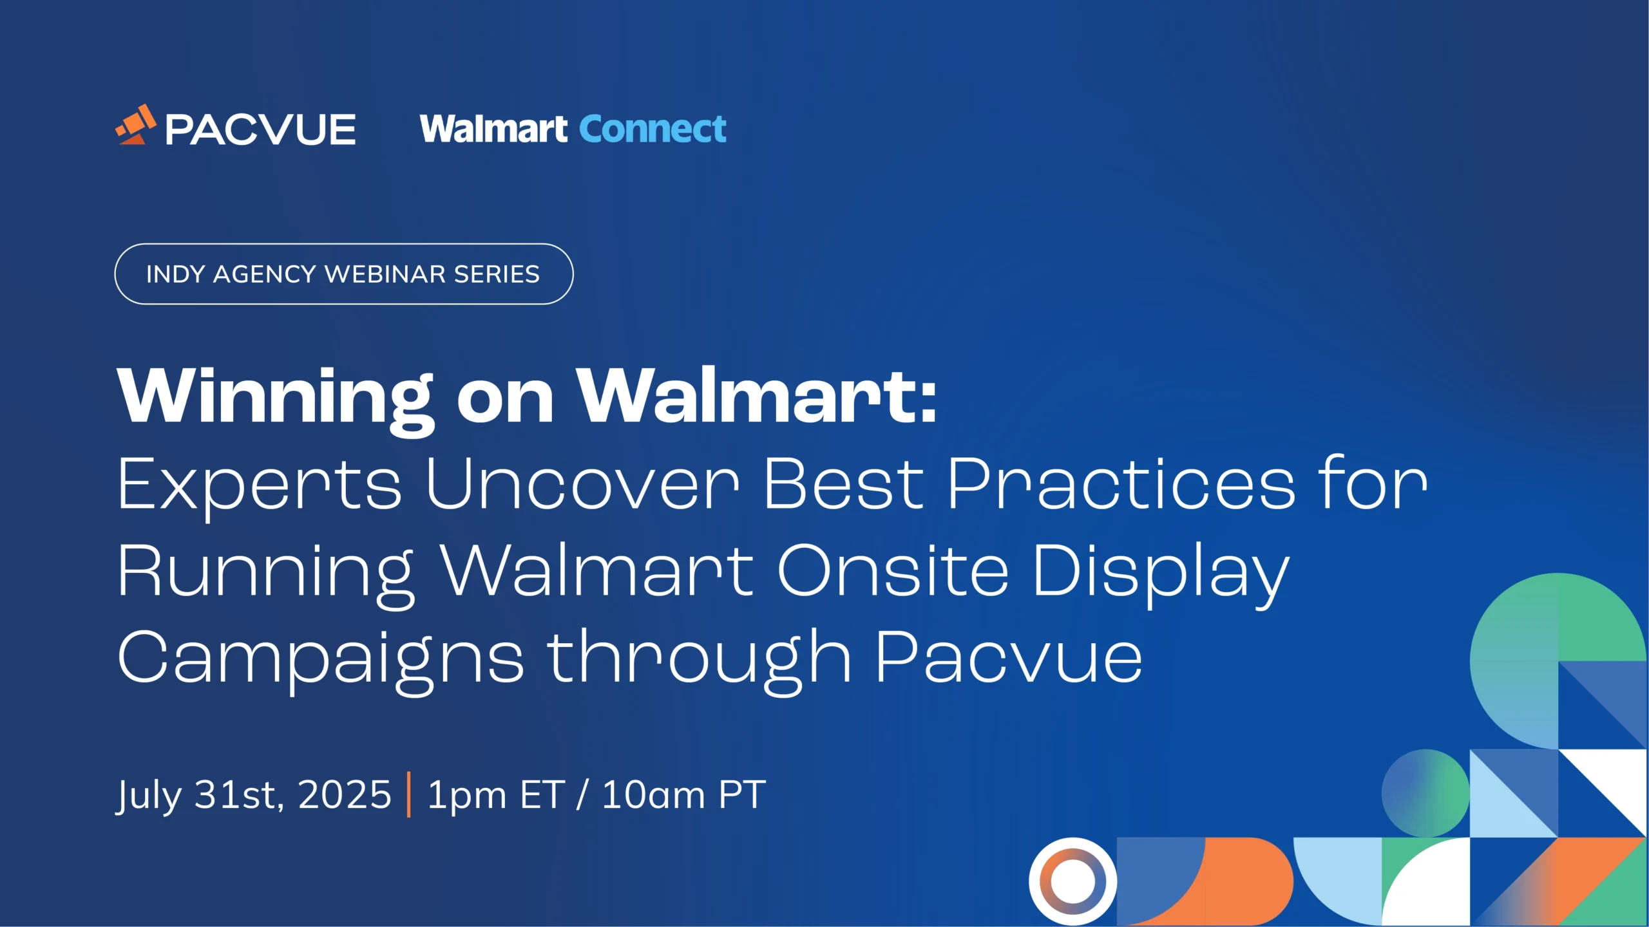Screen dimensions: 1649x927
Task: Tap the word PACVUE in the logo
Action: click(260, 129)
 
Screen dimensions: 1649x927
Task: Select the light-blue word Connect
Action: click(653, 129)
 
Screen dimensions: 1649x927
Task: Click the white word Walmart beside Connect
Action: click(493, 129)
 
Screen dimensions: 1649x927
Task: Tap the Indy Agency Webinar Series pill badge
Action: click(343, 274)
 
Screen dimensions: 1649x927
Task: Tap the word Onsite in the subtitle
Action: click(893, 570)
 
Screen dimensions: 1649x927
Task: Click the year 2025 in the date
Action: click(345, 794)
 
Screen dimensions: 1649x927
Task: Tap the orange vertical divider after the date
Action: click(409, 794)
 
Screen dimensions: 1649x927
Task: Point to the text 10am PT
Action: click(683, 794)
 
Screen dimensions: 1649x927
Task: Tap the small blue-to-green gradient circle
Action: click(1425, 793)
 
